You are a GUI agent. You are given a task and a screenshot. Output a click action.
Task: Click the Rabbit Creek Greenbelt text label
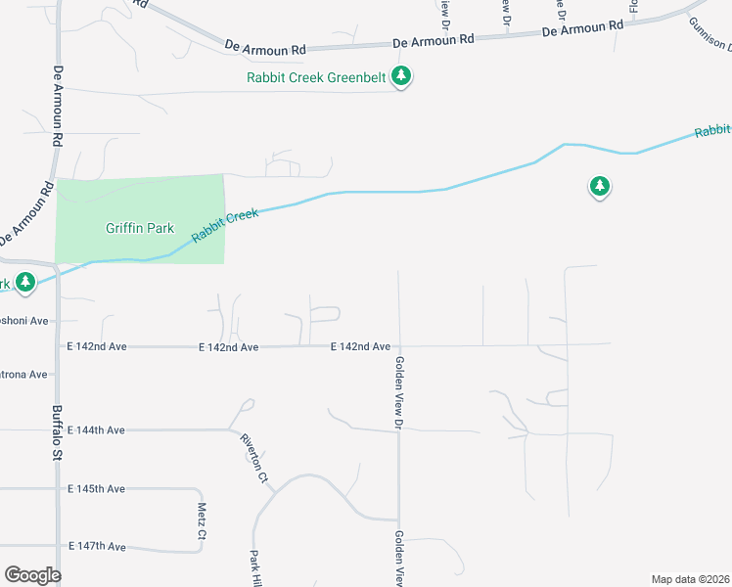pos(317,76)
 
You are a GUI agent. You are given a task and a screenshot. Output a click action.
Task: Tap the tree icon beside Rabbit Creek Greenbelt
pos(400,74)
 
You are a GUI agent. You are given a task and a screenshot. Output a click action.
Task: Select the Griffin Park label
pos(140,229)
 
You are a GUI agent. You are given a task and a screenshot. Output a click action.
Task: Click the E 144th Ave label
pos(96,429)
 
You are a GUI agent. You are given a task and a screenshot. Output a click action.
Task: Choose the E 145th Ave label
pos(96,488)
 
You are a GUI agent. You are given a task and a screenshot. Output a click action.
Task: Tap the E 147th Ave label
pos(96,546)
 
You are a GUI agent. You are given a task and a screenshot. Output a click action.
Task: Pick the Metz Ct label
pos(202,521)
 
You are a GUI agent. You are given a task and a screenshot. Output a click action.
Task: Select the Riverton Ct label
pos(253,458)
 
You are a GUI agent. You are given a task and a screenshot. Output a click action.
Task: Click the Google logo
pos(32,575)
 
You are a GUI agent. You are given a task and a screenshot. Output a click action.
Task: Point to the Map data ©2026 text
pos(690,579)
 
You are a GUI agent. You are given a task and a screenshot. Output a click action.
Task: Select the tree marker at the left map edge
pos(24,283)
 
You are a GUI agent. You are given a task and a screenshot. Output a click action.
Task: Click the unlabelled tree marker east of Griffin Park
pos(599,186)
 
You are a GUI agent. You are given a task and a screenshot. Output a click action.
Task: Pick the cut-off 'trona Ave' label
pos(23,375)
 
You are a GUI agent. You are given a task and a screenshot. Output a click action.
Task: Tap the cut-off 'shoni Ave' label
pos(23,321)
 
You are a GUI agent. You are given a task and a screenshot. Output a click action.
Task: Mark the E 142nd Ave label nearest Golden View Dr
pos(360,346)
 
